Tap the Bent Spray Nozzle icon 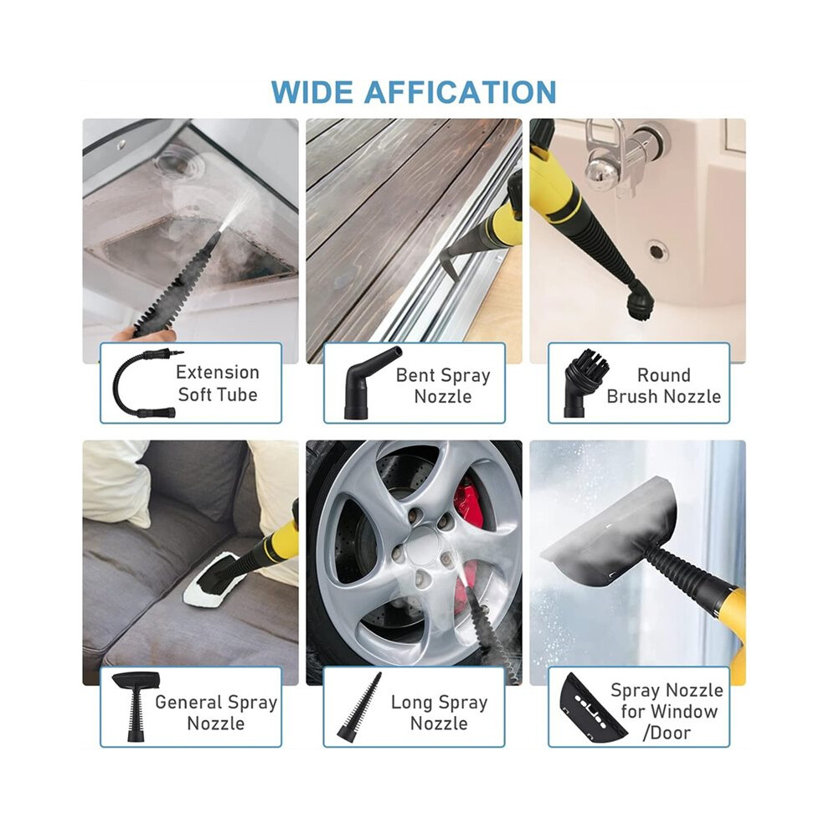(370, 382)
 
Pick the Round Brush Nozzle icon (587, 382)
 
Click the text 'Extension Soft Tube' (218, 384)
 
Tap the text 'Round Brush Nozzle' (663, 386)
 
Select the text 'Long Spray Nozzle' (440, 713)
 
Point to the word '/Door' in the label (667, 733)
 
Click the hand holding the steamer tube (142, 335)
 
